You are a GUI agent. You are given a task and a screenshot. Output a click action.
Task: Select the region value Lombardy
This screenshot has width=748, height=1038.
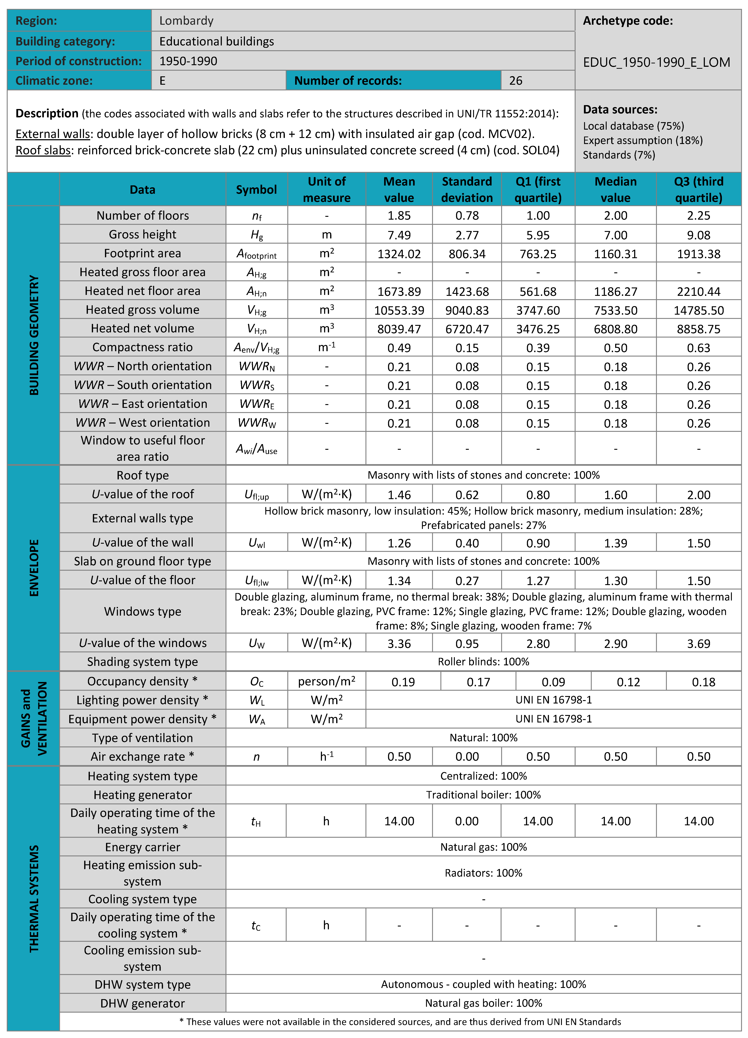click(x=186, y=21)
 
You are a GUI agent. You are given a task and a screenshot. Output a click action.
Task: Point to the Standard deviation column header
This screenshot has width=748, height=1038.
click(x=467, y=189)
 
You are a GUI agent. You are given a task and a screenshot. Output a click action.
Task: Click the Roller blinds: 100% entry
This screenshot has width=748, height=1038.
click(x=483, y=662)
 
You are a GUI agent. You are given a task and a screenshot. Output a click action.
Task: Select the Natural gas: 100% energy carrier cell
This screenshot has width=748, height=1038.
click(x=483, y=847)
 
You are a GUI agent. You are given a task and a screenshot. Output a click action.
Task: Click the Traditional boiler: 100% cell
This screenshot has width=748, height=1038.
click(x=483, y=795)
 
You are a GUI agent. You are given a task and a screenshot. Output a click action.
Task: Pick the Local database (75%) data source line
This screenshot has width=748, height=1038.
click(x=634, y=126)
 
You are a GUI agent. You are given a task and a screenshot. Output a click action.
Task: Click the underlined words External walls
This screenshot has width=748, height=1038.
click(x=53, y=134)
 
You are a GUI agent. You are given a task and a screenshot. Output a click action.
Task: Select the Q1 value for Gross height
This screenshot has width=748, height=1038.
click(x=538, y=235)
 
